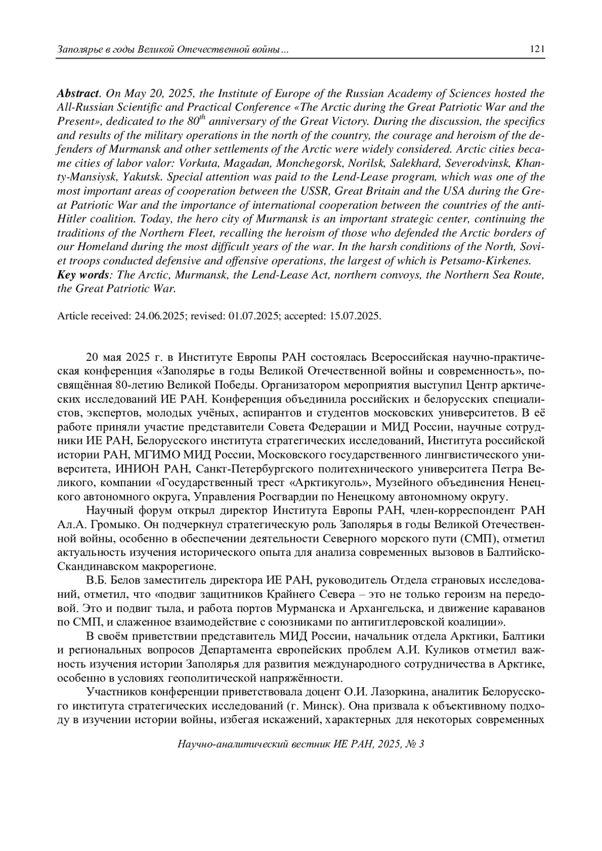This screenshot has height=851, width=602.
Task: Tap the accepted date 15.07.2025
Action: pyautogui.click(x=355, y=316)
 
